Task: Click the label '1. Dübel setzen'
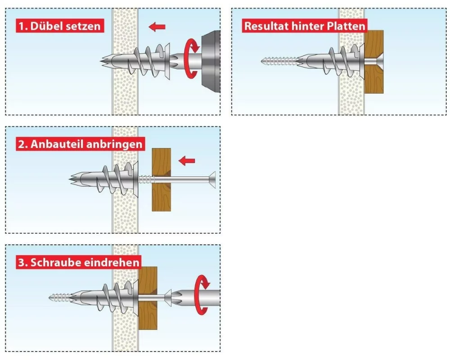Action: (x=59, y=26)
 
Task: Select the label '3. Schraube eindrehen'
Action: (x=78, y=262)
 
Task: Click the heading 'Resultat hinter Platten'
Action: (x=305, y=26)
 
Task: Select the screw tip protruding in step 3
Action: (x=59, y=297)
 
